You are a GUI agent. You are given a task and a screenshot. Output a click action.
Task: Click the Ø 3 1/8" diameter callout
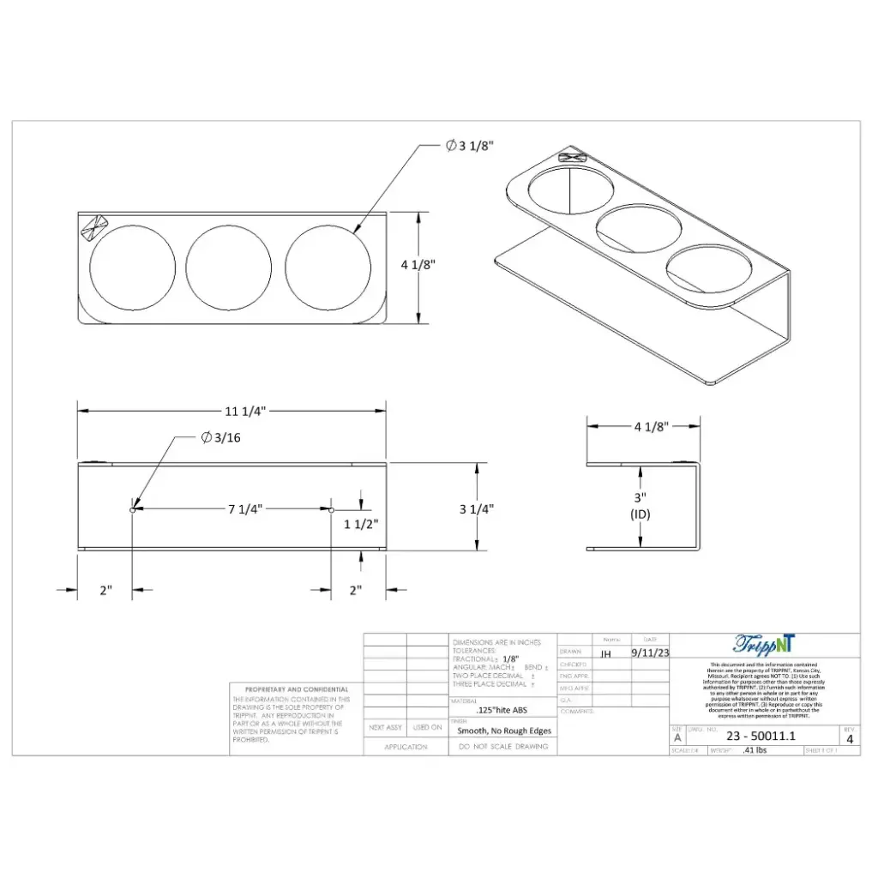click(x=469, y=146)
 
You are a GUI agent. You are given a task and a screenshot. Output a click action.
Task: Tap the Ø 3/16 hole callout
click(x=221, y=438)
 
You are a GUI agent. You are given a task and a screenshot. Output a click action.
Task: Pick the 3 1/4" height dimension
click(x=476, y=508)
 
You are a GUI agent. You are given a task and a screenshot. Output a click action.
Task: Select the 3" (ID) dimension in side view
click(x=640, y=505)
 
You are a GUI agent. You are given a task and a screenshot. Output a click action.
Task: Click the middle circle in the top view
click(x=229, y=268)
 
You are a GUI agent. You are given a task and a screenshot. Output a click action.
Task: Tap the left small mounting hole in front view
click(x=132, y=509)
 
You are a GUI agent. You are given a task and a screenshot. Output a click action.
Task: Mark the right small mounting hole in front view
click(x=331, y=509)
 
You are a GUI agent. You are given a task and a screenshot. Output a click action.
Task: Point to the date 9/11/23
click(x=650, y=652)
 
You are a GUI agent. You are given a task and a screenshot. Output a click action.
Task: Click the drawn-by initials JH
click(x=606, y=653)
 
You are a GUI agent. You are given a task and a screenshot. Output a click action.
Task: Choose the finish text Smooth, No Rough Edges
click(x=504, y=731)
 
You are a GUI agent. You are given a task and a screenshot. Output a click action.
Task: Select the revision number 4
click(x=850, y=738)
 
